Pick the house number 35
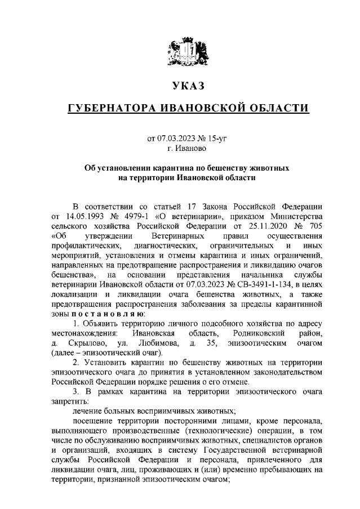point(210,343)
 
